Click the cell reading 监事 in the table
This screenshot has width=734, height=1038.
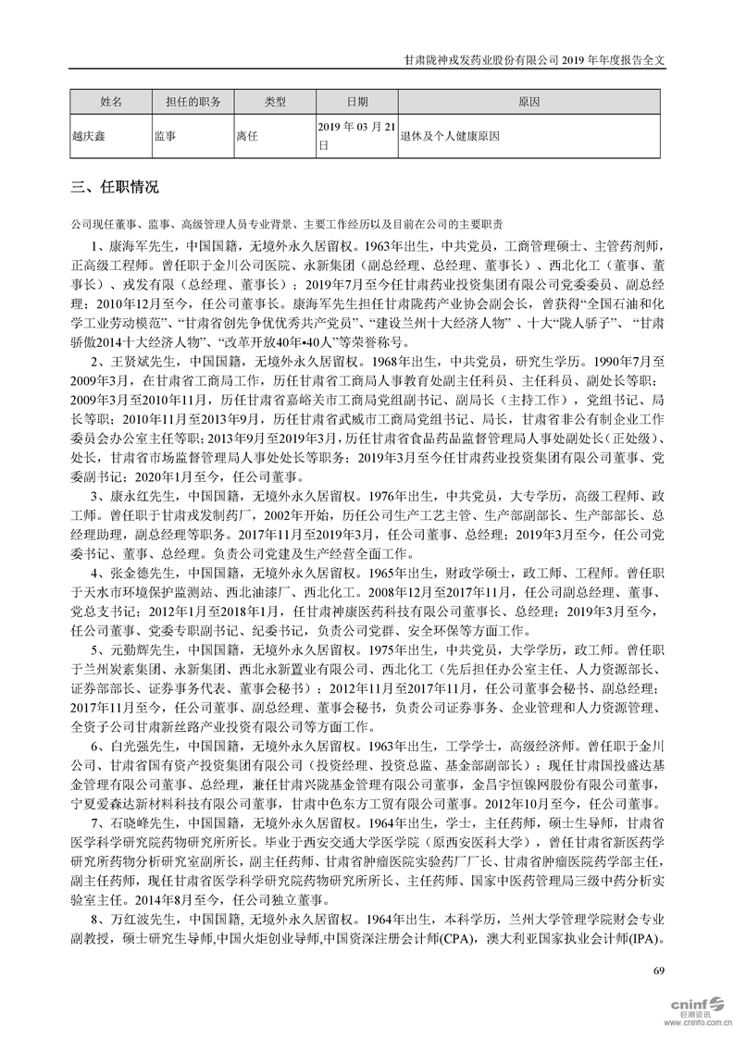166,135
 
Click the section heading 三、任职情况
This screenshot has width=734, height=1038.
115,188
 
